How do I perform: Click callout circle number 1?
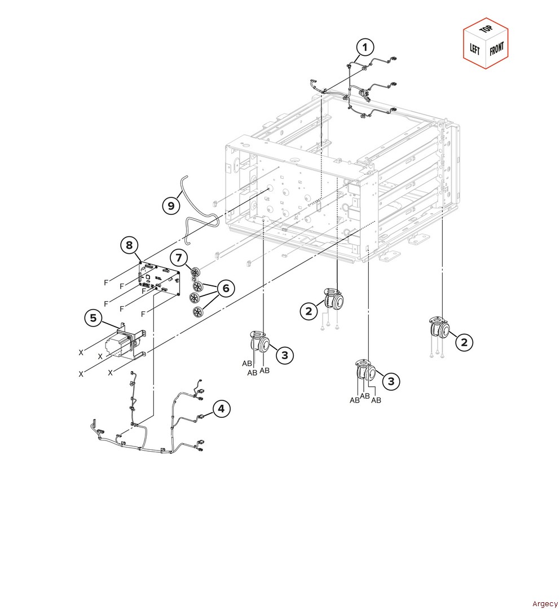point(365,47)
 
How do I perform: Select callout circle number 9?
point(171,205)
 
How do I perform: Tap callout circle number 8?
point(129,245)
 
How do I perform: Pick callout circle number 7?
point(179,258)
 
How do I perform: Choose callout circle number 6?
point(226,288)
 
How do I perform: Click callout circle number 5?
point(93,318)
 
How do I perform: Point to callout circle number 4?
point(221,409)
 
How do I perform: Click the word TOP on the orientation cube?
point(486,29)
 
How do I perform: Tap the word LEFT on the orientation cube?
point(475,49)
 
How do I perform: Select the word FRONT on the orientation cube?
point(497,48)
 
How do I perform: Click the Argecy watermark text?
point(545,603)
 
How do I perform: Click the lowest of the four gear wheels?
point(198,312)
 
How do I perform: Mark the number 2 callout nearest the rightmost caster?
point(464,342)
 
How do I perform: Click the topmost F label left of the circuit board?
point(106,283)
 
